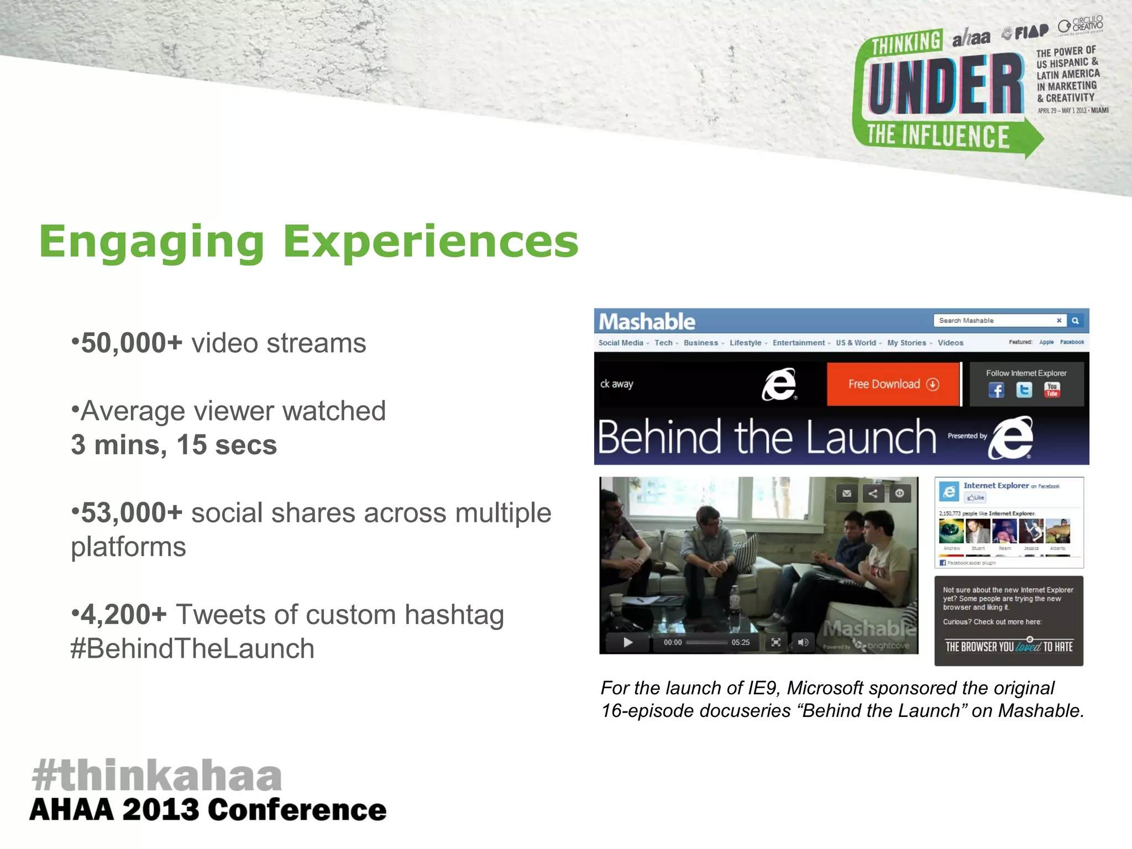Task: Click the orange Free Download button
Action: click(x=893, y=384)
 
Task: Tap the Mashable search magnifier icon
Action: click(x=1075, y=321)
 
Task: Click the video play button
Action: click(x=628, y=642)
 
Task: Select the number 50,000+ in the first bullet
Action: click(x=132, y=343)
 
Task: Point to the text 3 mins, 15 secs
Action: click(x=174, y=445)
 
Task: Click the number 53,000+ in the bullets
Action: click(x=132, y=513)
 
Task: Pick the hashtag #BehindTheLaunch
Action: click(x=192, y=649)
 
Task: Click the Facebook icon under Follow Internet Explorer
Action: click(x=996, y=390)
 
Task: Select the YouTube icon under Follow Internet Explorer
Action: click(x=1052, y=390)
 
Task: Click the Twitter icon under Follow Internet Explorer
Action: click(x=1024, y=390)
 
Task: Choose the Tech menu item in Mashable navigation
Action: click(x=663, y=343)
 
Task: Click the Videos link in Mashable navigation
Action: click(x=950, y=343)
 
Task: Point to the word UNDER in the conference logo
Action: click(x=945, y=85)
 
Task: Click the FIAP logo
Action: click(x=1026, y=33)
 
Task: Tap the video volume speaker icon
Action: click(x=803, y=642)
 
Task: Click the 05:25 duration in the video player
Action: click(x=741, y=642)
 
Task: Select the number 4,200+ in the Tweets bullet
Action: click(x=124, y=615)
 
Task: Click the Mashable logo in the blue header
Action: click(x=647, y=322)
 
